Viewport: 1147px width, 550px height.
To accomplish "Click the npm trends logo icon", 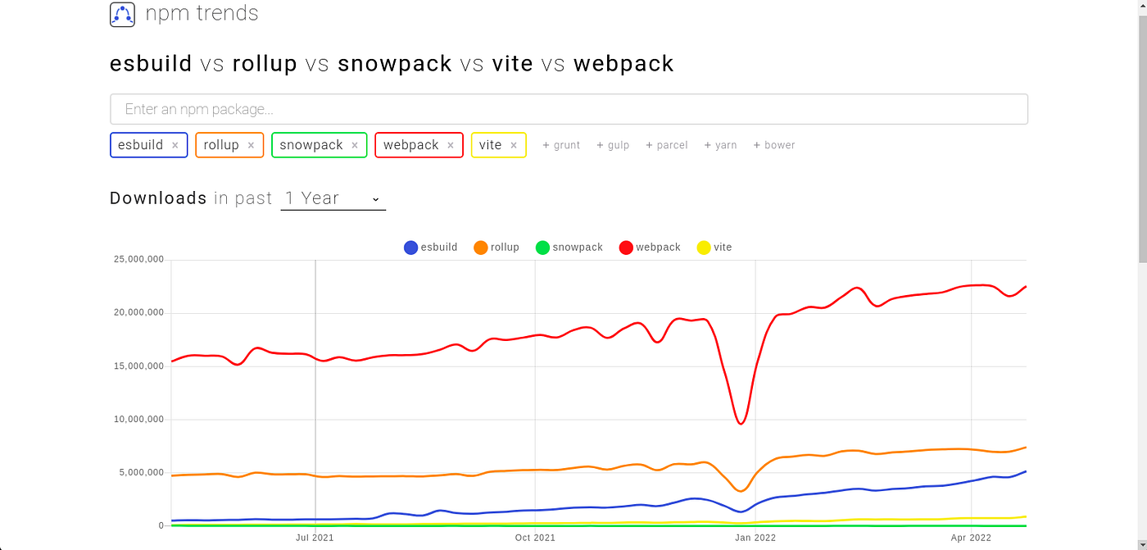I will click(x=122, y=15).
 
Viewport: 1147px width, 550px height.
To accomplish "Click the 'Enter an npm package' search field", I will click(x=569, y=109).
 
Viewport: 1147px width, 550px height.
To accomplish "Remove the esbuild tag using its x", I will click(x=175, y=145).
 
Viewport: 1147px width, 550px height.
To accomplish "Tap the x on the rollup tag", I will click(x=251, y=145).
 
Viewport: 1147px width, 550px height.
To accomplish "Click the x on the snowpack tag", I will click(x=355, y=145).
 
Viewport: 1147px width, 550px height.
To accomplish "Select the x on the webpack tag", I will click(x=451, y=145).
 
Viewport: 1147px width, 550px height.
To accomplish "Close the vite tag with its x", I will click(x=514, y=145).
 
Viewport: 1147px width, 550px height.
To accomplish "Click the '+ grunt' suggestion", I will click(x=561, y=145).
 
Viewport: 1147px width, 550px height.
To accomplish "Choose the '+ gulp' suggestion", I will click(x=613, y=145).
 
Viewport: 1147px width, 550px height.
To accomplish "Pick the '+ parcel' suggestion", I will click(x=667, y=145).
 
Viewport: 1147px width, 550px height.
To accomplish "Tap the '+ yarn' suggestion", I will click(x=720, y=145).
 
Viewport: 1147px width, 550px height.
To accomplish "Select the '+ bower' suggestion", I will click(x=774, y=145).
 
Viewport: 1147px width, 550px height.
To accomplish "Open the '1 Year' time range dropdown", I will click(x=333, y=198).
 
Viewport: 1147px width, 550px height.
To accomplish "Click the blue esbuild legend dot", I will click(x=410, y=248).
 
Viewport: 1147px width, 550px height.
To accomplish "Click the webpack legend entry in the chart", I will click(x=650, y=248).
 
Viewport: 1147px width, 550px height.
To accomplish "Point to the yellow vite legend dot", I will click(x=703, y=248).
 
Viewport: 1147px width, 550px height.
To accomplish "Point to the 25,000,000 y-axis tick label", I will click(x=139, y=260).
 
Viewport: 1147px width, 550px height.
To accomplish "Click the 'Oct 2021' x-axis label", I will click(x=535, y=538).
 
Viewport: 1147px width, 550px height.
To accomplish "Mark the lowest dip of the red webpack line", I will click(x=741, y=423).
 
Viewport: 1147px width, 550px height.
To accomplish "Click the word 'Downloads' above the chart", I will click(x=158, y=198).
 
